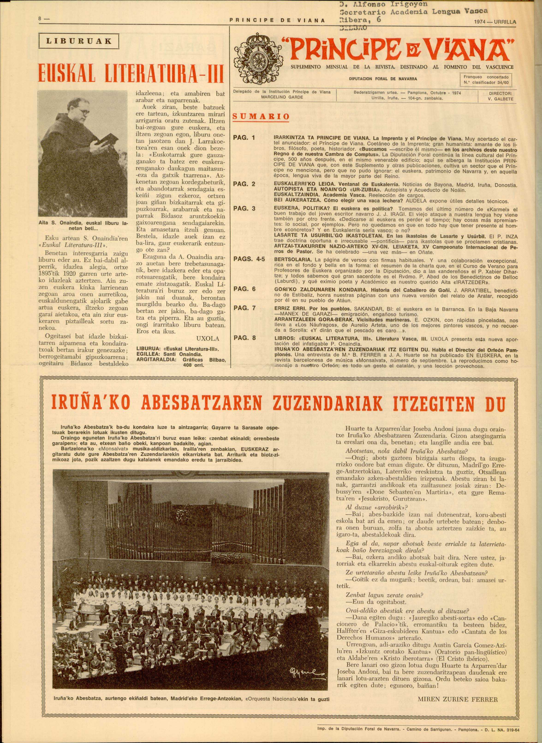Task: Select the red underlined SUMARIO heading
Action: (261, 116)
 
